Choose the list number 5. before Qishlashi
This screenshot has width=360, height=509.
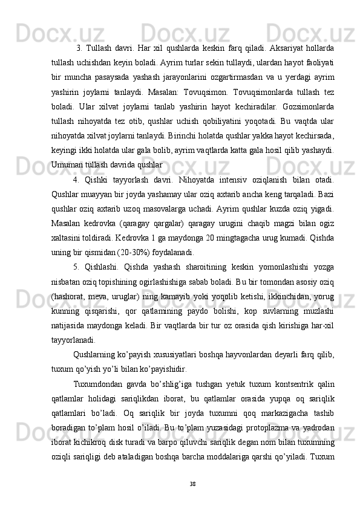point(76,267)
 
